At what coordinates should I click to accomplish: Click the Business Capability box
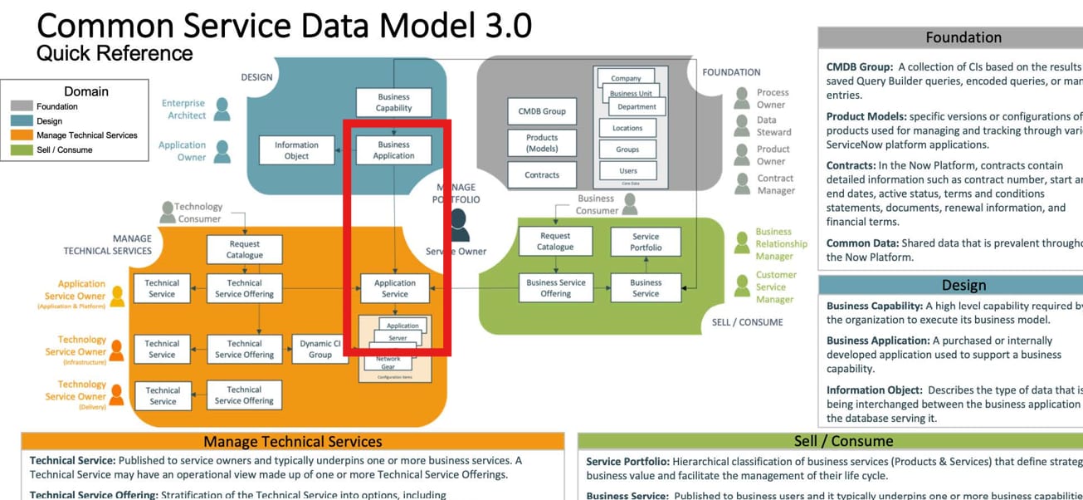pos(393,102)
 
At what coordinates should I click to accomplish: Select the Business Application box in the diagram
pos(393,150)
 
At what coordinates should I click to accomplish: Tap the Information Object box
pos(296,150)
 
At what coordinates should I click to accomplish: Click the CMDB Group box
pos(542,111)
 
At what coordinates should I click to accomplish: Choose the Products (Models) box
pos(542,143)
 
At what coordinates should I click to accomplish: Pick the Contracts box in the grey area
pos(542,175)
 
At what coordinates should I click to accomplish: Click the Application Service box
pos(395,288)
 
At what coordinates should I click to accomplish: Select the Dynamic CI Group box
pos(320,349)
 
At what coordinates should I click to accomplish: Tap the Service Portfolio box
pos(646,242)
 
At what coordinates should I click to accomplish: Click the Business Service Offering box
pos(555,287)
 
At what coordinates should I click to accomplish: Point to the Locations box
pos(627,128)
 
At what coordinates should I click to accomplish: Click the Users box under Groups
pos(628,171)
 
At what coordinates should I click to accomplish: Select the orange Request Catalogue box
pos(244,249)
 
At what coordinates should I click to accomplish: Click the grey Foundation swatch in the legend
pos(22,106)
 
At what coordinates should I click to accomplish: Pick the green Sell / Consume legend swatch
pos(22,150)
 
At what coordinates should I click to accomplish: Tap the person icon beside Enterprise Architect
pos(222,109)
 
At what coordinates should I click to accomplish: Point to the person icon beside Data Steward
pos(742,126)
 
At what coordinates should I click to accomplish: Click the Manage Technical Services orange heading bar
pos(292,442)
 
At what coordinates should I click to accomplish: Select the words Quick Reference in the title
pos(115,54)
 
